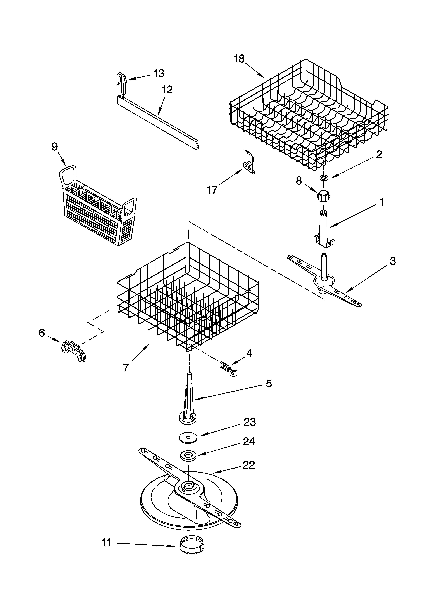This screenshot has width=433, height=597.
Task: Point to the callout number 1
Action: pyautogui.click(x=381, y=202)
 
